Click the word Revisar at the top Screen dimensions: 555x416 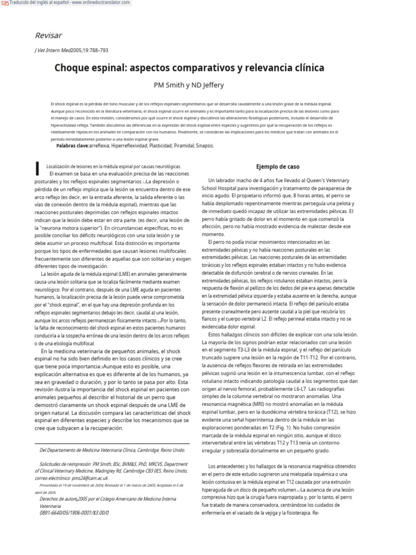[48, 36]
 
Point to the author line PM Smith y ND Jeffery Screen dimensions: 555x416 [189, 85]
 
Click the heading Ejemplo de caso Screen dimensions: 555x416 [277, 166]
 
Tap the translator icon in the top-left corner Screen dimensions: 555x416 [4, 3]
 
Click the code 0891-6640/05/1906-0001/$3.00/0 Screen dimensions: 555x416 [74, 512]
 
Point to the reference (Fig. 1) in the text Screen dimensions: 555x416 [289, 427]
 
